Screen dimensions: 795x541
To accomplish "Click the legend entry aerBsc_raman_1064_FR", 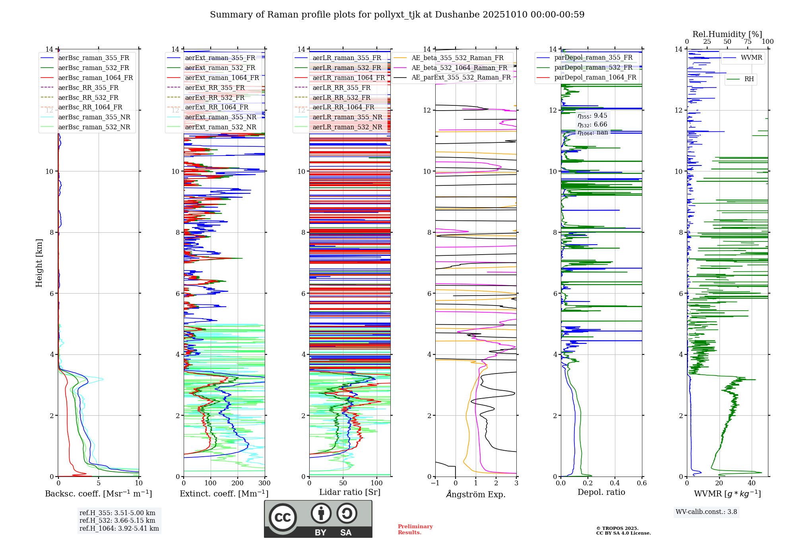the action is (87, 78).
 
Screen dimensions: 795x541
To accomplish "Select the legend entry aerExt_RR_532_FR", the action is (206, 97).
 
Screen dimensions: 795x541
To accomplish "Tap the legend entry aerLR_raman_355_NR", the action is (338, 117).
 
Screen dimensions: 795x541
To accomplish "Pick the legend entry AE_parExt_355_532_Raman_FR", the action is (452, 77).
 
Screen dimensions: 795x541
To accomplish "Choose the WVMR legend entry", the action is (743, 58).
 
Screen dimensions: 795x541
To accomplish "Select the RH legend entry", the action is (741, 79).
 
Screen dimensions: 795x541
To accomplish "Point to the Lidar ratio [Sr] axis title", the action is (350, 492).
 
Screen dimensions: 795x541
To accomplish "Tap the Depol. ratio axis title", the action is (601, 492).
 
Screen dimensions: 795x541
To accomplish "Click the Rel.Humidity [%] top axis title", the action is (727, 34).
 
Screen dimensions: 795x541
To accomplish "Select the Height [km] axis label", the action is (39, 263).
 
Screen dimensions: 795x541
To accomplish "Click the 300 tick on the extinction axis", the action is (264, 483).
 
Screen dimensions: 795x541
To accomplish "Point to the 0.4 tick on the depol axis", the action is (615, 483).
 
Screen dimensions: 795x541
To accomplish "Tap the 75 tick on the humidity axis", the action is (748, 41).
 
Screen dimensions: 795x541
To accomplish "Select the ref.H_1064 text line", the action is (119, 528).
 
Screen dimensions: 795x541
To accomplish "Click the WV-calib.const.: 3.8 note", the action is (706, 512).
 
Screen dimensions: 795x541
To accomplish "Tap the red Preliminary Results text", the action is (415, 529).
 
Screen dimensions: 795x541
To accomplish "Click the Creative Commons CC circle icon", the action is (283, 518).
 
